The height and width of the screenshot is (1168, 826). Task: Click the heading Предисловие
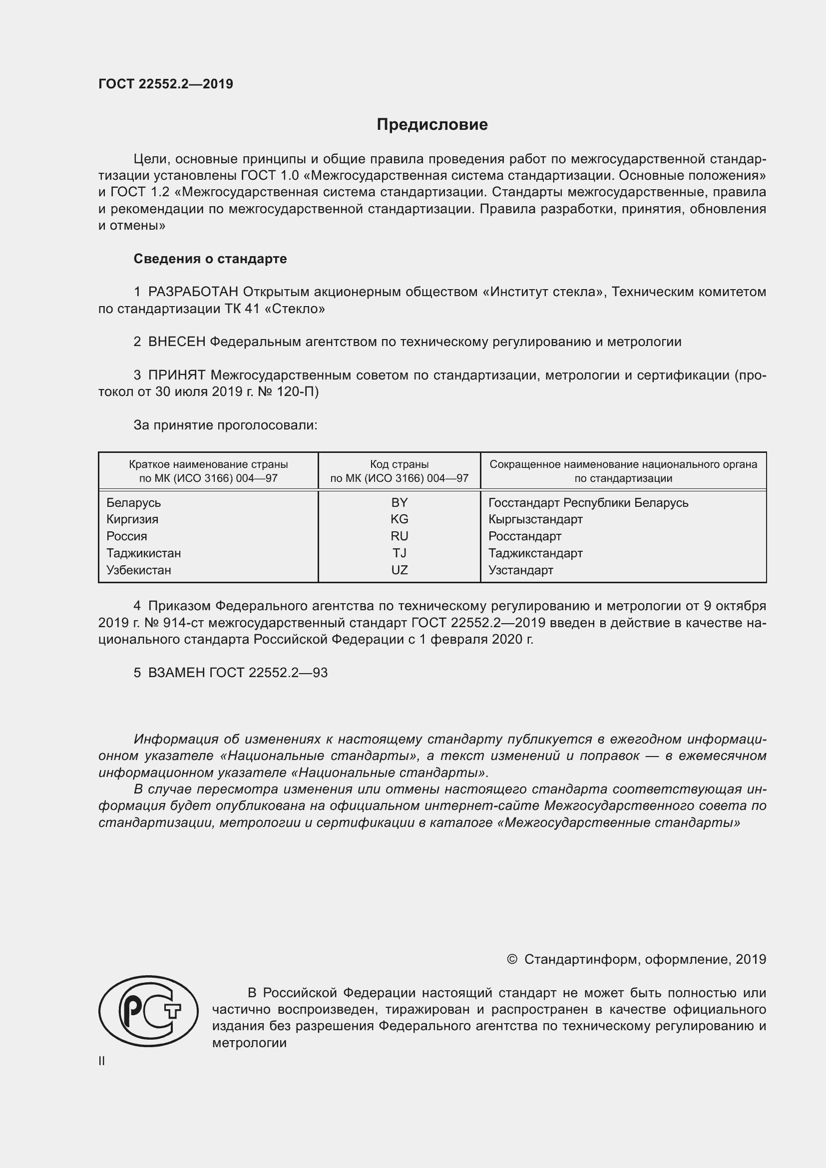[432, 125]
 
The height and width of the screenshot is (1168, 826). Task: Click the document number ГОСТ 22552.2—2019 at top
[166, 84]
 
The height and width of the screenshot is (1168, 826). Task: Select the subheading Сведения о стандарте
[210, 259]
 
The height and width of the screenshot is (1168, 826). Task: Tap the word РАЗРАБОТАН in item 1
[193, 292]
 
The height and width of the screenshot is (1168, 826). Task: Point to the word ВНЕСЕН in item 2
[176, 342]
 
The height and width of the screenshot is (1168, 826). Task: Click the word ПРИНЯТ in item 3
[176, 376]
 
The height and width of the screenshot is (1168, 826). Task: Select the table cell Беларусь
[134, 503]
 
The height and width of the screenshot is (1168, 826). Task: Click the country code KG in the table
[400, 519]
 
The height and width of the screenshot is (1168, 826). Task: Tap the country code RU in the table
[400, 536]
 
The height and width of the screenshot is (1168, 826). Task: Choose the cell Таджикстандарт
[535, 553]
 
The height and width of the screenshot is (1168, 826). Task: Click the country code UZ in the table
[400, 570]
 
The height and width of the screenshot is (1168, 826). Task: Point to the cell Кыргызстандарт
[535, 519]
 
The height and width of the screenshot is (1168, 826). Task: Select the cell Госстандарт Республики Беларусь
[588, 503]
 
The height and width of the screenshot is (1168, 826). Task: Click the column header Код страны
[400, 464]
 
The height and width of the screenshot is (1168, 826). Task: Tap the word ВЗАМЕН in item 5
[176, 673]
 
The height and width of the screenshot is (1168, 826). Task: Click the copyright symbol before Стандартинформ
[512, 959]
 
